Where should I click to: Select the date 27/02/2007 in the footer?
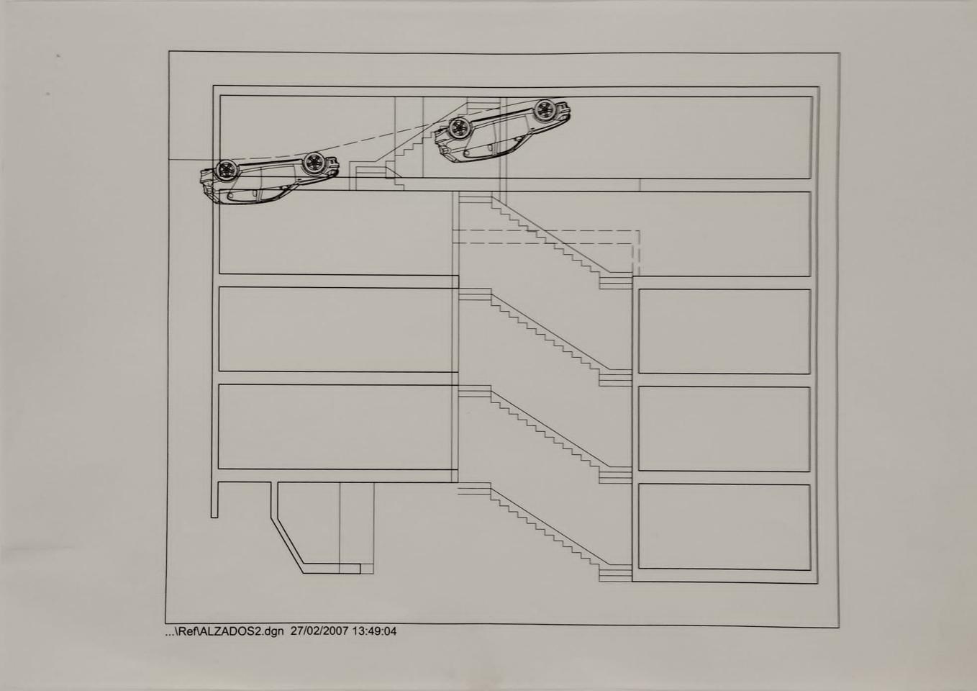pos(319,631)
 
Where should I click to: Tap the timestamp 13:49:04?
pos(375,631)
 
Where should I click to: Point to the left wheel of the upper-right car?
pos(460,127)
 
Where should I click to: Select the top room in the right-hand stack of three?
pos(724,331)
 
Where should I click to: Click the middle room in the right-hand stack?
pos(724,428)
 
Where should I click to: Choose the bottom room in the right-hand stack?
pos(724,527)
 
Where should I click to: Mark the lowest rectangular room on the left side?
pos(335,427)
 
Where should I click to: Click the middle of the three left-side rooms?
pos(335,330)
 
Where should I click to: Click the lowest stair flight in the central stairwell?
pos(545,531)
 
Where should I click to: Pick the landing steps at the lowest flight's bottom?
pos(615,573)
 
